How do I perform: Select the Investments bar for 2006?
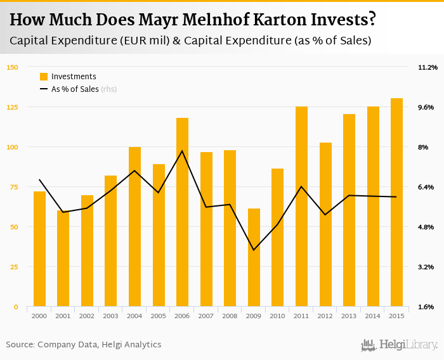(182, 212)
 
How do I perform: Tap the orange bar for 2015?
(396, 203)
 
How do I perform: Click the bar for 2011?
(301, 207)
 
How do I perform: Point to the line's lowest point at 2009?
(254, 250)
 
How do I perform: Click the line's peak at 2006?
(182, 151)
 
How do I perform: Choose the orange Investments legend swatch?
(44, 77)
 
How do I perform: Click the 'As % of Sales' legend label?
(75, 89)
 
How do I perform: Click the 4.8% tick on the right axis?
(426, 227)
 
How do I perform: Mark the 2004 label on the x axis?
(134, 316)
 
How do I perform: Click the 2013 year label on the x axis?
(348, 316)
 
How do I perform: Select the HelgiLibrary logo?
(400, 345)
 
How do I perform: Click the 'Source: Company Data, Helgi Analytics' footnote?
(84, 345)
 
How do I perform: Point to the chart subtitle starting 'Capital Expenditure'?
(190, 41)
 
